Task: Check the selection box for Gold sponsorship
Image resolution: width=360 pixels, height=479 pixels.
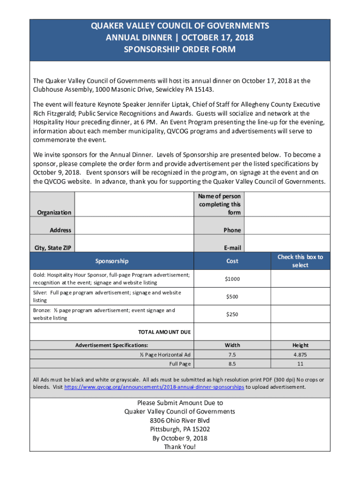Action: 300,279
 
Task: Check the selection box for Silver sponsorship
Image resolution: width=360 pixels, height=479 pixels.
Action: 300,297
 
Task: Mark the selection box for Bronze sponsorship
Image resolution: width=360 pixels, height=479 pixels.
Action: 300,314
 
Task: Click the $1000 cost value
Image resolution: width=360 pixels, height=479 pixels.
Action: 232,279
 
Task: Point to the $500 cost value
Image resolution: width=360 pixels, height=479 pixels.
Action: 232,297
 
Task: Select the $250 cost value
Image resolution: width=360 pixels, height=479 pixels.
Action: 232,314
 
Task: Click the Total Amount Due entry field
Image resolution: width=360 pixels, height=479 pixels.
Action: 232,332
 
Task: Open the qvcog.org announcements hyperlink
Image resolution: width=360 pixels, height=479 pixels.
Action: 154,387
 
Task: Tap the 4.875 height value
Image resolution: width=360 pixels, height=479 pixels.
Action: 300,355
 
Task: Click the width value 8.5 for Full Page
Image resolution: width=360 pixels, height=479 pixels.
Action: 232,364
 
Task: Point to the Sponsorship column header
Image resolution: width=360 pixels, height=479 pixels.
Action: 112,261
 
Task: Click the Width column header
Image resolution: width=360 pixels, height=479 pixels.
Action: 232,345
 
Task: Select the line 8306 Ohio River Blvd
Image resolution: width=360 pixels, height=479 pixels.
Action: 180,421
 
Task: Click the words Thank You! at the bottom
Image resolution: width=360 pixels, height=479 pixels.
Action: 180,447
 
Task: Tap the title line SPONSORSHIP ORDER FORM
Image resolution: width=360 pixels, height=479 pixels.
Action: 180,49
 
